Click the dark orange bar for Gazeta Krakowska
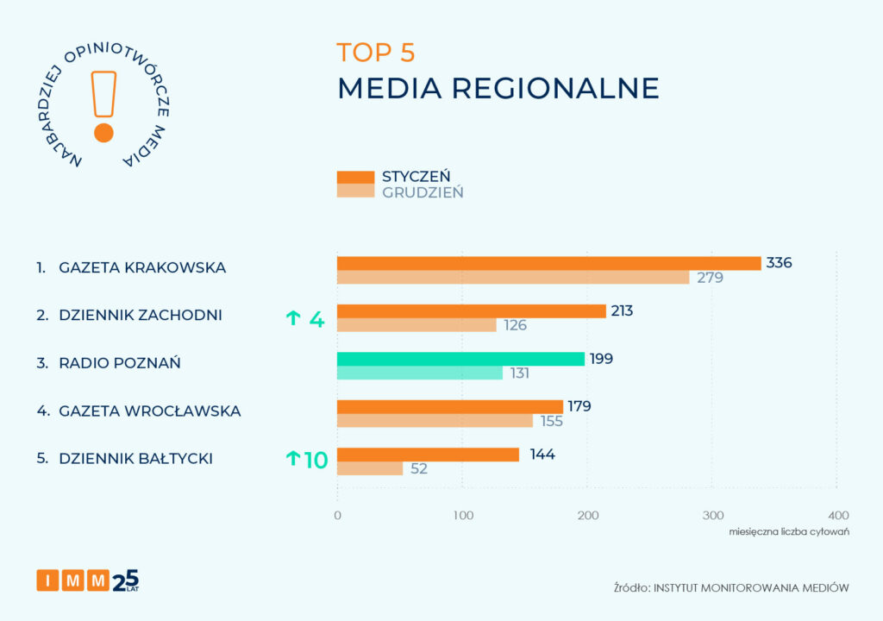pos(548,263)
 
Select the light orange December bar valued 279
pos(513,278)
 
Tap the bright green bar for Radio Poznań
pos(460,359)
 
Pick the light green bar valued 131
pos(419,373)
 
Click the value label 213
pos(622,310)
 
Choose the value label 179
pos(579,406)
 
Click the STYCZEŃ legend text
pos(416,176)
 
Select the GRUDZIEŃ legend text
pos(423,192)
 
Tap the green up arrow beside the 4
pos(293,319)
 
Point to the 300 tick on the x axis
pos(712,515)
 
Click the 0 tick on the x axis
pos(337,515)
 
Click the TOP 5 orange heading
pos(376,53)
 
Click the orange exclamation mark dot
pos(103,133)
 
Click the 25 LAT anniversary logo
pos(126,580)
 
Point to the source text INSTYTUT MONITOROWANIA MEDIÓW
pos(751,587)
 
